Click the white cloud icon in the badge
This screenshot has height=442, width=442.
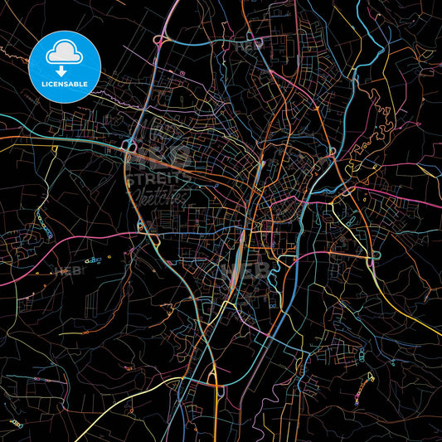64,51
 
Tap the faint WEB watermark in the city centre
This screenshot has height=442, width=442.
241,269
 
